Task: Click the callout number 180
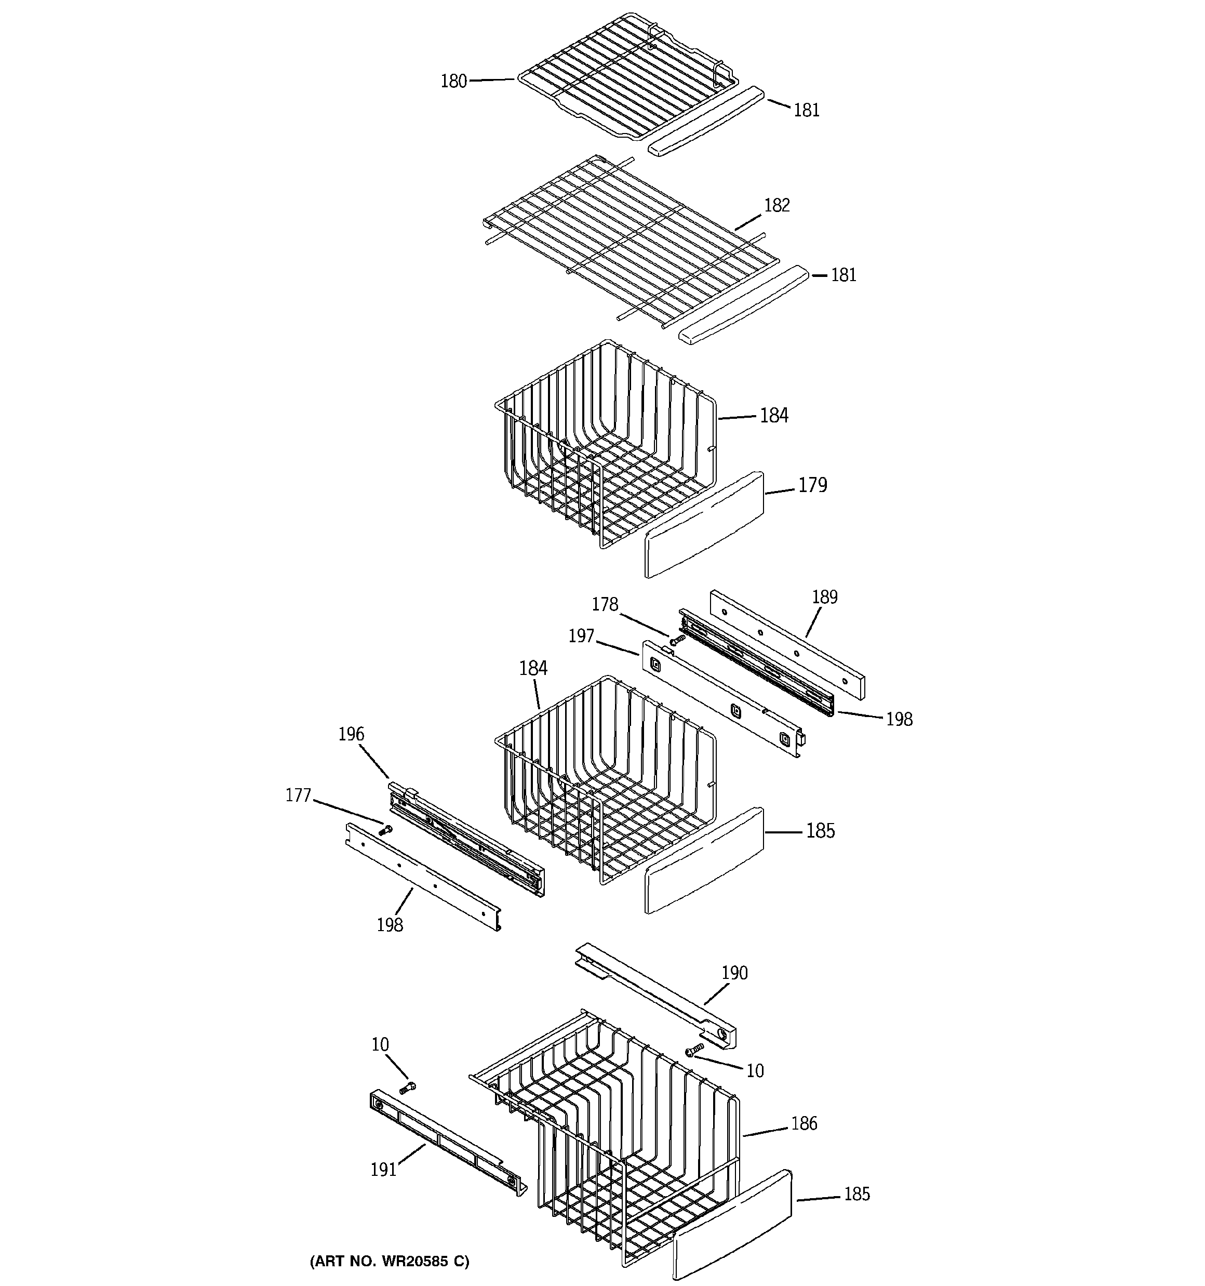(453, 82)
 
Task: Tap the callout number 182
(777, 205)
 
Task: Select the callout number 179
(812, 484)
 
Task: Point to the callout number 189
(825, 596)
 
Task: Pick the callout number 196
(351, 734)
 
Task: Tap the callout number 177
(298, 795)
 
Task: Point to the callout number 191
(383, 1170)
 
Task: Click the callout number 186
(804, 1124)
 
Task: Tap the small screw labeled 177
(386, 829)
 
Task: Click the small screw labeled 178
(677, 639)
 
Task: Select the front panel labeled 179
(704, 525)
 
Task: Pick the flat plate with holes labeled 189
(787, 645)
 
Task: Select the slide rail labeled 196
(466, 838)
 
